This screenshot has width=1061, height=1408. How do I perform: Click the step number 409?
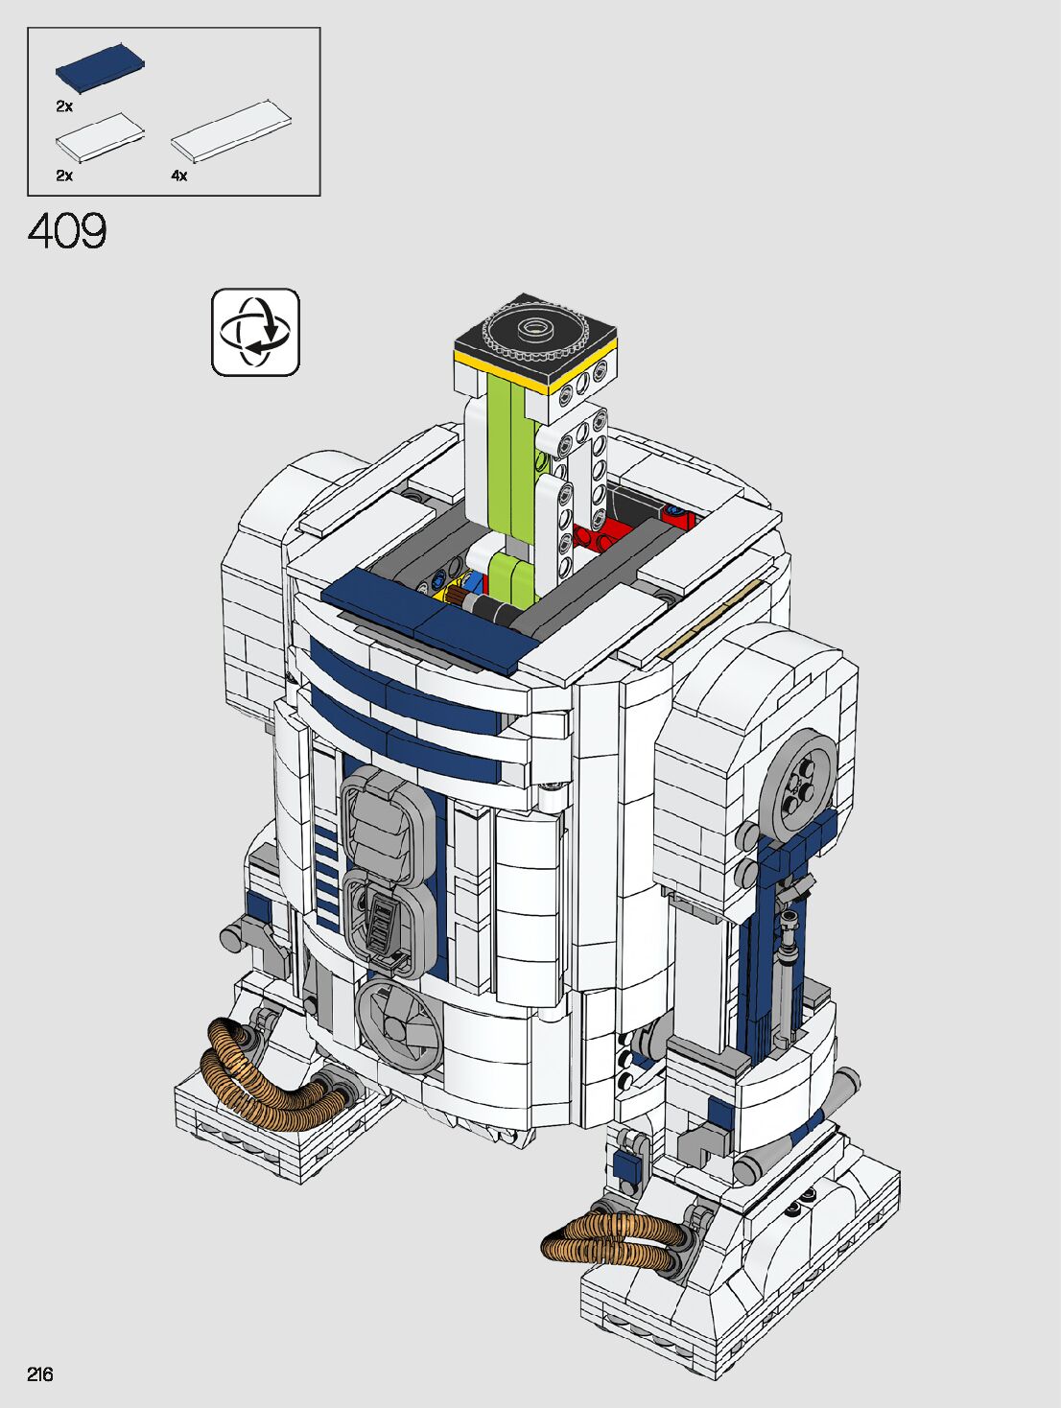point(67,231)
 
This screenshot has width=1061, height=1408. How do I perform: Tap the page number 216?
point(39,1373)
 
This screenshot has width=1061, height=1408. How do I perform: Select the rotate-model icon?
point(255,332)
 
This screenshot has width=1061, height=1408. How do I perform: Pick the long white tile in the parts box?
point(231,131)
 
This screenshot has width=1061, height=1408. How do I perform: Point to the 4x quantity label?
point(179,176)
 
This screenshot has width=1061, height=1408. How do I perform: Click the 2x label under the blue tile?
point(64,106)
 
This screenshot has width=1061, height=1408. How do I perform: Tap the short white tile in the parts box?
point(100,137)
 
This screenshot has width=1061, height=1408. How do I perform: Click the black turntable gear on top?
point(534,329)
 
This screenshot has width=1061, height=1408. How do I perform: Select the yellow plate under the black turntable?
point(534,369)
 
